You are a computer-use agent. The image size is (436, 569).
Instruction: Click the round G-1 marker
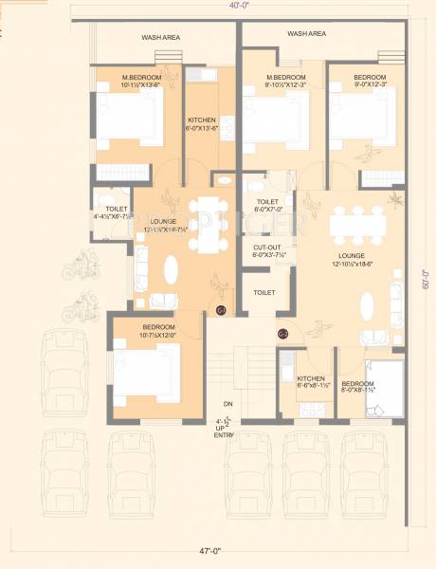pyautogui.click(x=221, y=310)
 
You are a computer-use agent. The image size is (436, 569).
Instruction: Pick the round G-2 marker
pyautogui.click(x=282, y=334)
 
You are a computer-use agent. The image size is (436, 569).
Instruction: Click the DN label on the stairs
pyautogui.click(x=227, y=402)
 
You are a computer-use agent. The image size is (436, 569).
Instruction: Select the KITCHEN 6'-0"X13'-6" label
pyautogui.click(x=202, y=124)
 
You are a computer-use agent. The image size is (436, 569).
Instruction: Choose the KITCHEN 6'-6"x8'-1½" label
pyautogui.click(x=312, y=357)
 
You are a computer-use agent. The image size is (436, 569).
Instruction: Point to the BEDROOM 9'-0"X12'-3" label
pyautogui.click(x=370, y=81)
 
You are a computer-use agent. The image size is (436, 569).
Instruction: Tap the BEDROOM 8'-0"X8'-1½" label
pyautogui.click(x=368, y=357)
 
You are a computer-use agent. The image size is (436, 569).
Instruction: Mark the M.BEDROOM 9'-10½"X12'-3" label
pyautogui.click(x=284, y=81)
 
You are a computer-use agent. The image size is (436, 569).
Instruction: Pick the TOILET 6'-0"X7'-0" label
pyautogui.click(x=267, y=207)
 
